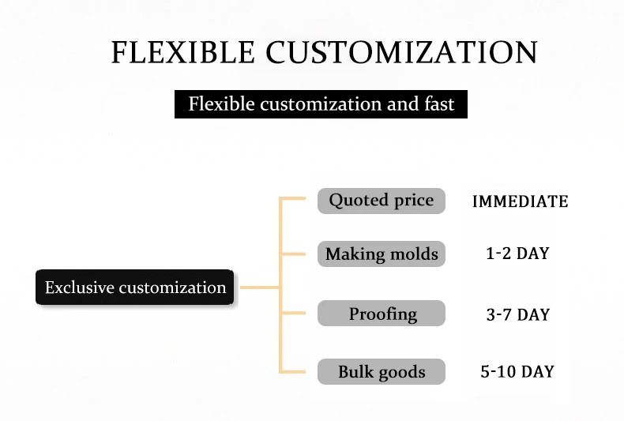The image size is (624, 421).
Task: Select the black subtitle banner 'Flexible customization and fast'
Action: coord(321,104)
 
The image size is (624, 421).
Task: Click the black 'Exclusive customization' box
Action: coord(135,288)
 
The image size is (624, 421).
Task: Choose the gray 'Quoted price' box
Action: coord(382,201)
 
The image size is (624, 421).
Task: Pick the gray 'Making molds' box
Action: coord(382,254)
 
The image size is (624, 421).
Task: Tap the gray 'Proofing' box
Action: coord(382,314)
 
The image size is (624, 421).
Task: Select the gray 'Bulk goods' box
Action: coord(382,372)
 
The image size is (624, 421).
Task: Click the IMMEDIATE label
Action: coord(520,201)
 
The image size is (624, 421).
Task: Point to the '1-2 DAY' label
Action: coord(517,254)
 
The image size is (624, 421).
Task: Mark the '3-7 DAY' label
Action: coord(517,314)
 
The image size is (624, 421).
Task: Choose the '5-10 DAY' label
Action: coord(517,372)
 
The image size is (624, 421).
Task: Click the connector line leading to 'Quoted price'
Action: coord(294,200)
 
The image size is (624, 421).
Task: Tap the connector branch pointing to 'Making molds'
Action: coord(294,254)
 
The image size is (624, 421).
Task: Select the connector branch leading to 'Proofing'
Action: coord(294,314)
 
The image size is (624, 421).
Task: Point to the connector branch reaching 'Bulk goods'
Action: coord(294,371)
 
